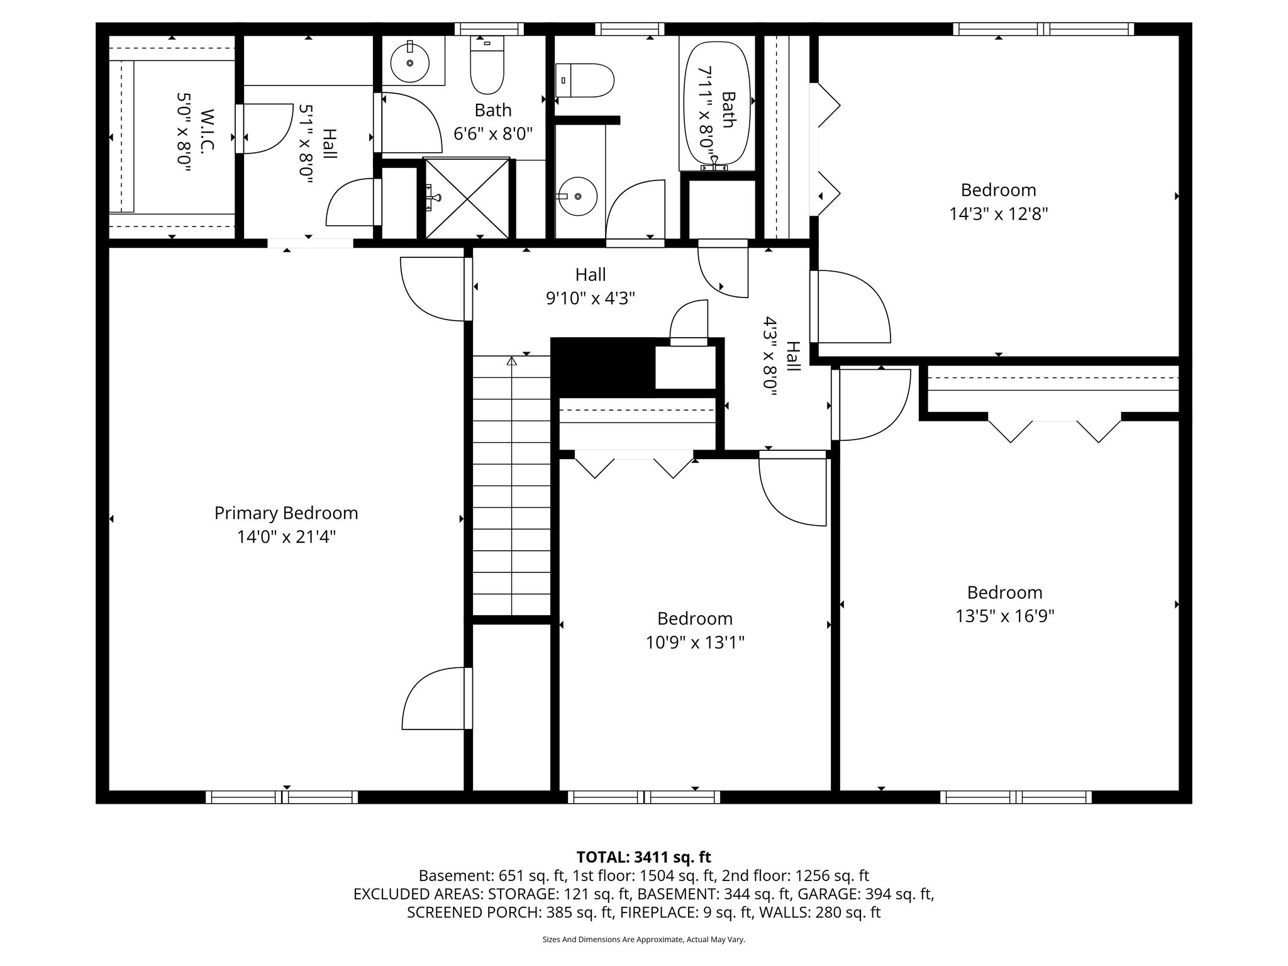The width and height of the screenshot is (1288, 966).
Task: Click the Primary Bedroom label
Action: (x=286, y=513)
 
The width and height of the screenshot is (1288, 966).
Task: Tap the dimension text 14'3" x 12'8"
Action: (x=998, y=214)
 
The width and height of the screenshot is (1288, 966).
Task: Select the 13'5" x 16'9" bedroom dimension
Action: (x=1004, y=616)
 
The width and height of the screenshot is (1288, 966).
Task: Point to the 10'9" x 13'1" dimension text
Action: (x=695, y=643)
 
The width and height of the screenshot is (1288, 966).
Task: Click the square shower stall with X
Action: (x=467, y=198)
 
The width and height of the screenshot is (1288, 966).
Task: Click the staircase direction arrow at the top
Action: (x=511, y=362)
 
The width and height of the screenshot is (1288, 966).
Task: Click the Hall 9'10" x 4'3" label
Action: (x=590, y=286)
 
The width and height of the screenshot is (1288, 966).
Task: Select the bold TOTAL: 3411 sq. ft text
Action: (x=643, y=857)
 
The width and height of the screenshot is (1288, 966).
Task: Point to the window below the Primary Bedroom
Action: (x=282, y=797)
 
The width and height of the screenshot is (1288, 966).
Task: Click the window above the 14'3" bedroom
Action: (x=1043, y=29)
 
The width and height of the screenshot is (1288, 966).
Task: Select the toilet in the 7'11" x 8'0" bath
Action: (x=584, y=80)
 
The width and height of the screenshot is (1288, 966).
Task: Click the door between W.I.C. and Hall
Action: (x=267, y=129)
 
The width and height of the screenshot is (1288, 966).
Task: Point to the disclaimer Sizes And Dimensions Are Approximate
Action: (x=643, y=940)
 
